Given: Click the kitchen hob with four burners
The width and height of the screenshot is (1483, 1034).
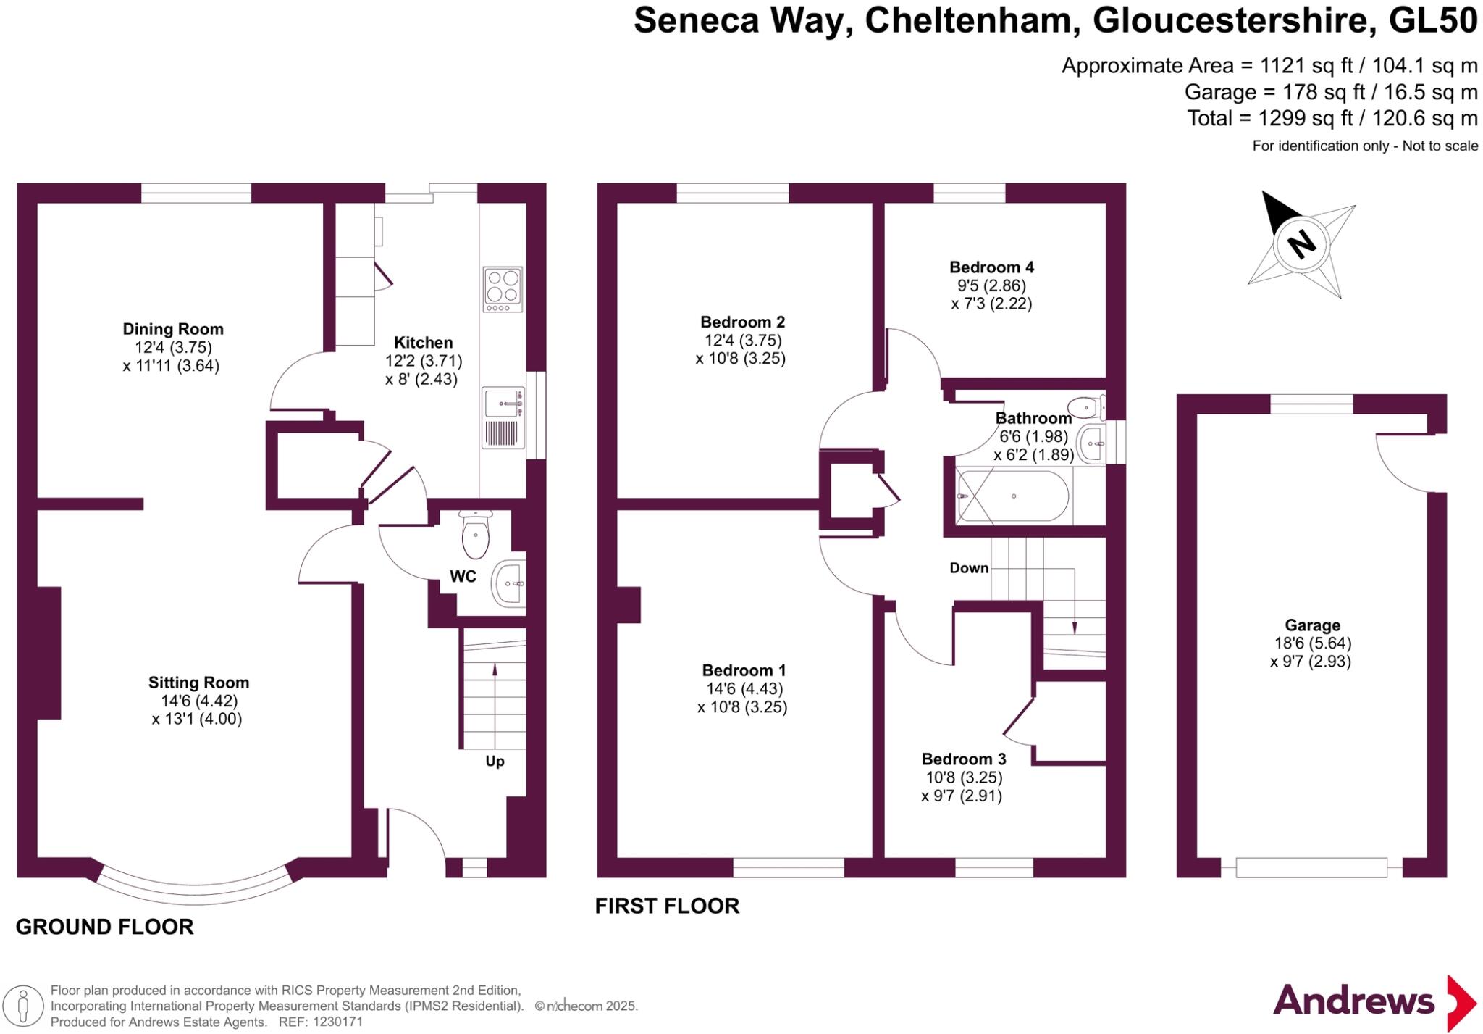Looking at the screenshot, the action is point(503,289).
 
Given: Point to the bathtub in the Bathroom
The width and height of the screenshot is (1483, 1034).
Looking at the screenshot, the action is point(1014,496).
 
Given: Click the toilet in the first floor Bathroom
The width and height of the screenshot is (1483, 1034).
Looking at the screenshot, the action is point(1085,408).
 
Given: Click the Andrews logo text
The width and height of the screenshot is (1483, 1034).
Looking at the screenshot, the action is point(1353,1001).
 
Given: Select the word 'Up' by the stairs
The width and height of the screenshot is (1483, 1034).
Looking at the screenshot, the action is point(495,761).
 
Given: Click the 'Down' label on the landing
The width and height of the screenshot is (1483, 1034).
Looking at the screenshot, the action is point(969,568).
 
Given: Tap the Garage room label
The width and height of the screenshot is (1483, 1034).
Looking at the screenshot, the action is point(1312,625).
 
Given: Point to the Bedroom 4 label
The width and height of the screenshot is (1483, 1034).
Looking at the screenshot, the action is point(991,267).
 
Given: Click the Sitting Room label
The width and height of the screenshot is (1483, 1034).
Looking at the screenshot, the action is point(198,683).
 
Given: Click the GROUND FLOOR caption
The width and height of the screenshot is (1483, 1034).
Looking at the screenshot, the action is point(105,927).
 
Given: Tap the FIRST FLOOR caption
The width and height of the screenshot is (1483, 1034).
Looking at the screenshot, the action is point(667,906).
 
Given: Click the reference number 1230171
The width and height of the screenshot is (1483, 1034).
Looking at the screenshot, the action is point(337,1022).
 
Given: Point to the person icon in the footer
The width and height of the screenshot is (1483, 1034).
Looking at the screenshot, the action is point(23,1006).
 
